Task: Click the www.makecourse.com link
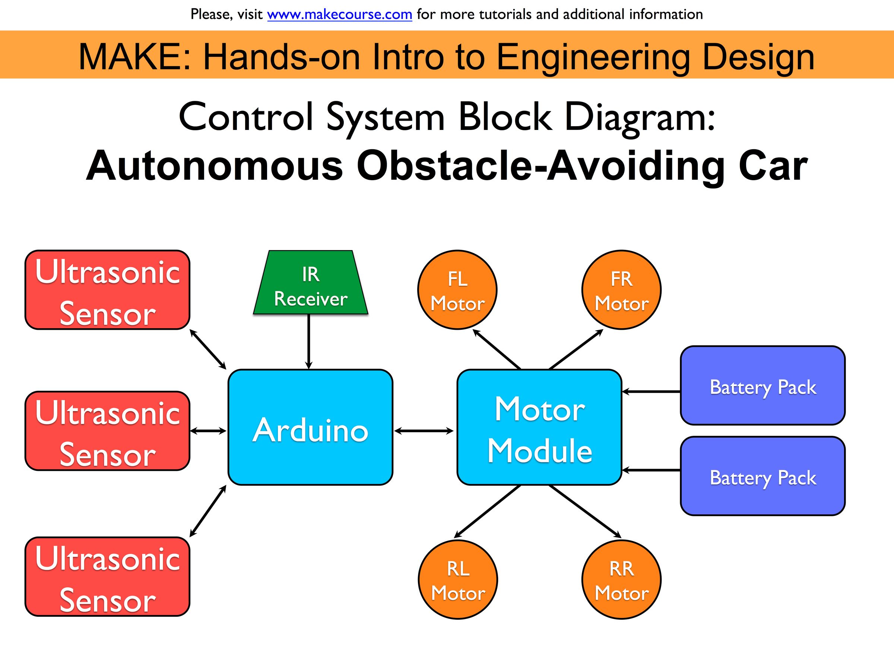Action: tap(339, 15)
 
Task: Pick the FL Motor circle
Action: tap(457, 290)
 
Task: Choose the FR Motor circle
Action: tap(621, 290)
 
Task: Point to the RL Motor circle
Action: tap(457, 580)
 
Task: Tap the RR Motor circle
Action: tap(621, 580)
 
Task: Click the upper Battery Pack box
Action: tap(763, 386)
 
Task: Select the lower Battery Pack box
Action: tap(763, 476)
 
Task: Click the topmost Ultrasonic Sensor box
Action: tap(107, 290)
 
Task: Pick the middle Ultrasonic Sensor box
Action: tap(107, 431)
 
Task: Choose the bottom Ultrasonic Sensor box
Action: tap(107, 577)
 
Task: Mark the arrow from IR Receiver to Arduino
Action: tap(308, 341)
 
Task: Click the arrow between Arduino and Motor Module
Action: tap(424, 431)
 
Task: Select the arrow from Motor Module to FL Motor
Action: tap(496, 349)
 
